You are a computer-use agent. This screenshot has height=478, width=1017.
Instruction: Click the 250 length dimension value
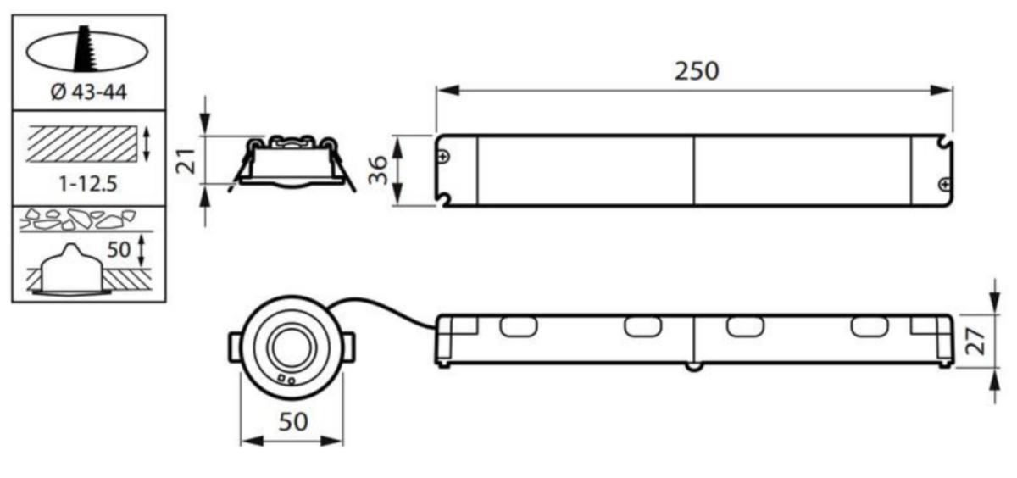click(x=697, y=71)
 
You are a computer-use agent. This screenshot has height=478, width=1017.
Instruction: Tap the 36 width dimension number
click(x=378, y=170)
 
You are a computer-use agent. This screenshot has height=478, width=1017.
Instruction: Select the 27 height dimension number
click(x=975, y=342)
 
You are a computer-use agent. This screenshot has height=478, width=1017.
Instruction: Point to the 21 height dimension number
click(x=186, y=161)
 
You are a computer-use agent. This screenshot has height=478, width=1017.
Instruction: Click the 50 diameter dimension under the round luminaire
click(x=293, y=422)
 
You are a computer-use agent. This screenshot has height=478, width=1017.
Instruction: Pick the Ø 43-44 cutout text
click(x=88, y=92)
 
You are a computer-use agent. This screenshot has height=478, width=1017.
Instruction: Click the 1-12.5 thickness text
click(x=88, y=184)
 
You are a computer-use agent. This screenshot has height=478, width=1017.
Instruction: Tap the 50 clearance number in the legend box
click(x=119, y=250)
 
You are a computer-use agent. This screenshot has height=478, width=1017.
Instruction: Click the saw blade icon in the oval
click(x=85, y=49)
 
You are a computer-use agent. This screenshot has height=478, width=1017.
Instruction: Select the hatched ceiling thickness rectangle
click(x=81, y=144)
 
